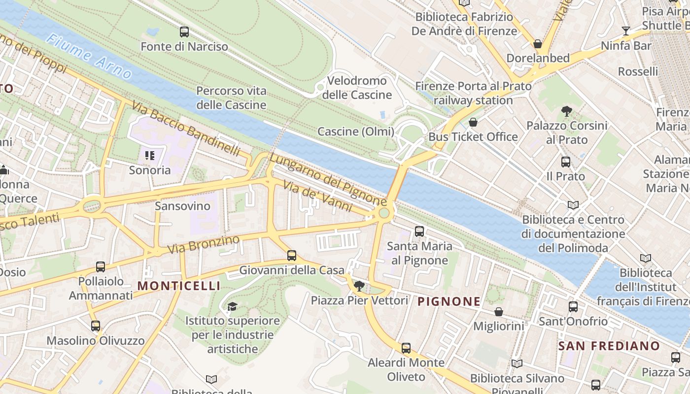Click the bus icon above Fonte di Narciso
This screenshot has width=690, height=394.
coord(184,32)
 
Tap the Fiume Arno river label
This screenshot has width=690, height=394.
coord(90,57)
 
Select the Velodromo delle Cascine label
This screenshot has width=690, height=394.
coord(357,87)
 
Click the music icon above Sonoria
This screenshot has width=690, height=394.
coord(150,156)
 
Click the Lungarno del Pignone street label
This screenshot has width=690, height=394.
coord(328,180)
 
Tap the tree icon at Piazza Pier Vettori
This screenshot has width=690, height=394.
coord(359,286)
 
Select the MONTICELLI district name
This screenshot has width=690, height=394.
coord(179,286)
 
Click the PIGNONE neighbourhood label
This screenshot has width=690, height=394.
coord(449,301)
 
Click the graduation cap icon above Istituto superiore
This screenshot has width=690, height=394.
coord(232,307)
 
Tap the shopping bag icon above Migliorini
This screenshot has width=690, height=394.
coord(499,312)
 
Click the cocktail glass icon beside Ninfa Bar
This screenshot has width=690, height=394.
coord(626,31)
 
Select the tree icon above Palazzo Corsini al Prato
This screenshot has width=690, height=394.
coord(566,111)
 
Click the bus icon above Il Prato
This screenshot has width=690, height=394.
coord(566,162)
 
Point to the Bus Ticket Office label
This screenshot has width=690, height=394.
coord(473,136)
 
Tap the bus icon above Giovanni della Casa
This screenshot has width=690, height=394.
coord(292,256)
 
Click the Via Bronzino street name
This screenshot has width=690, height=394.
coord(203,245)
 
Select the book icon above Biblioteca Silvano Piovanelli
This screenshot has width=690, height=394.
coord(517,364)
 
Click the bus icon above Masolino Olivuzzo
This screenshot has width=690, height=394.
coord(96,326)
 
